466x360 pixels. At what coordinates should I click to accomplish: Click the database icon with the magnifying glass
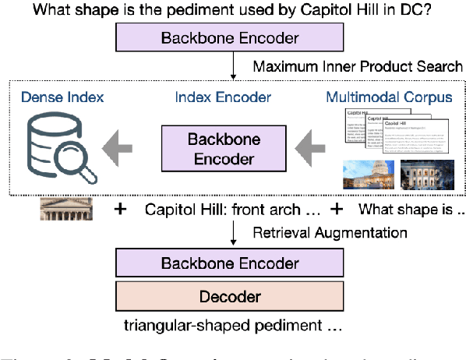pyautogui.click(x=58, y=146)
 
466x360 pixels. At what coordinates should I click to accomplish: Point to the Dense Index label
pyautogui.click(x=62, y=97)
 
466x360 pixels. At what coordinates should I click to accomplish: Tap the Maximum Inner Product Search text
pyautogui.click(x=358, y=66)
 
